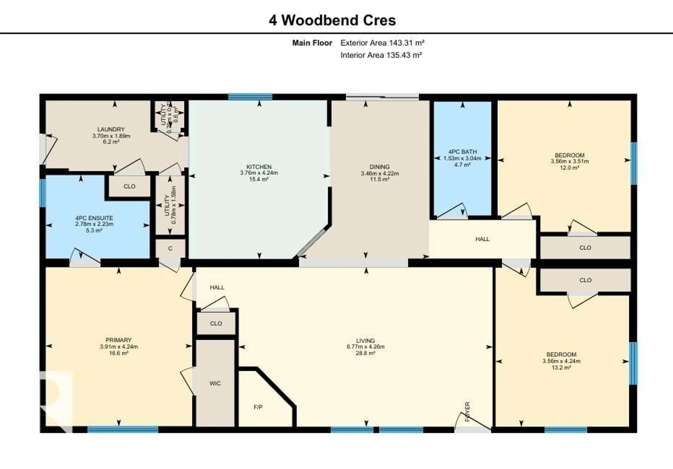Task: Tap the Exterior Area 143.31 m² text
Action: [382, 43]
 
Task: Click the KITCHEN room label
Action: [259, 167]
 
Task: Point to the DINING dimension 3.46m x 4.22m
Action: [380, 173]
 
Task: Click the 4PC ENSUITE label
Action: [94, 218]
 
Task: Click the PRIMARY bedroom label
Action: [118, 340]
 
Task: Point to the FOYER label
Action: [468, 412]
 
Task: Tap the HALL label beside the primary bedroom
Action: [217, 287]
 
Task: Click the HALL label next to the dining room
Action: [482, 239]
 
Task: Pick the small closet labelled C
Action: [170, 248]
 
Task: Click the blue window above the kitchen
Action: [250, 97]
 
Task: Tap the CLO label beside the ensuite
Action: [129, 186]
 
